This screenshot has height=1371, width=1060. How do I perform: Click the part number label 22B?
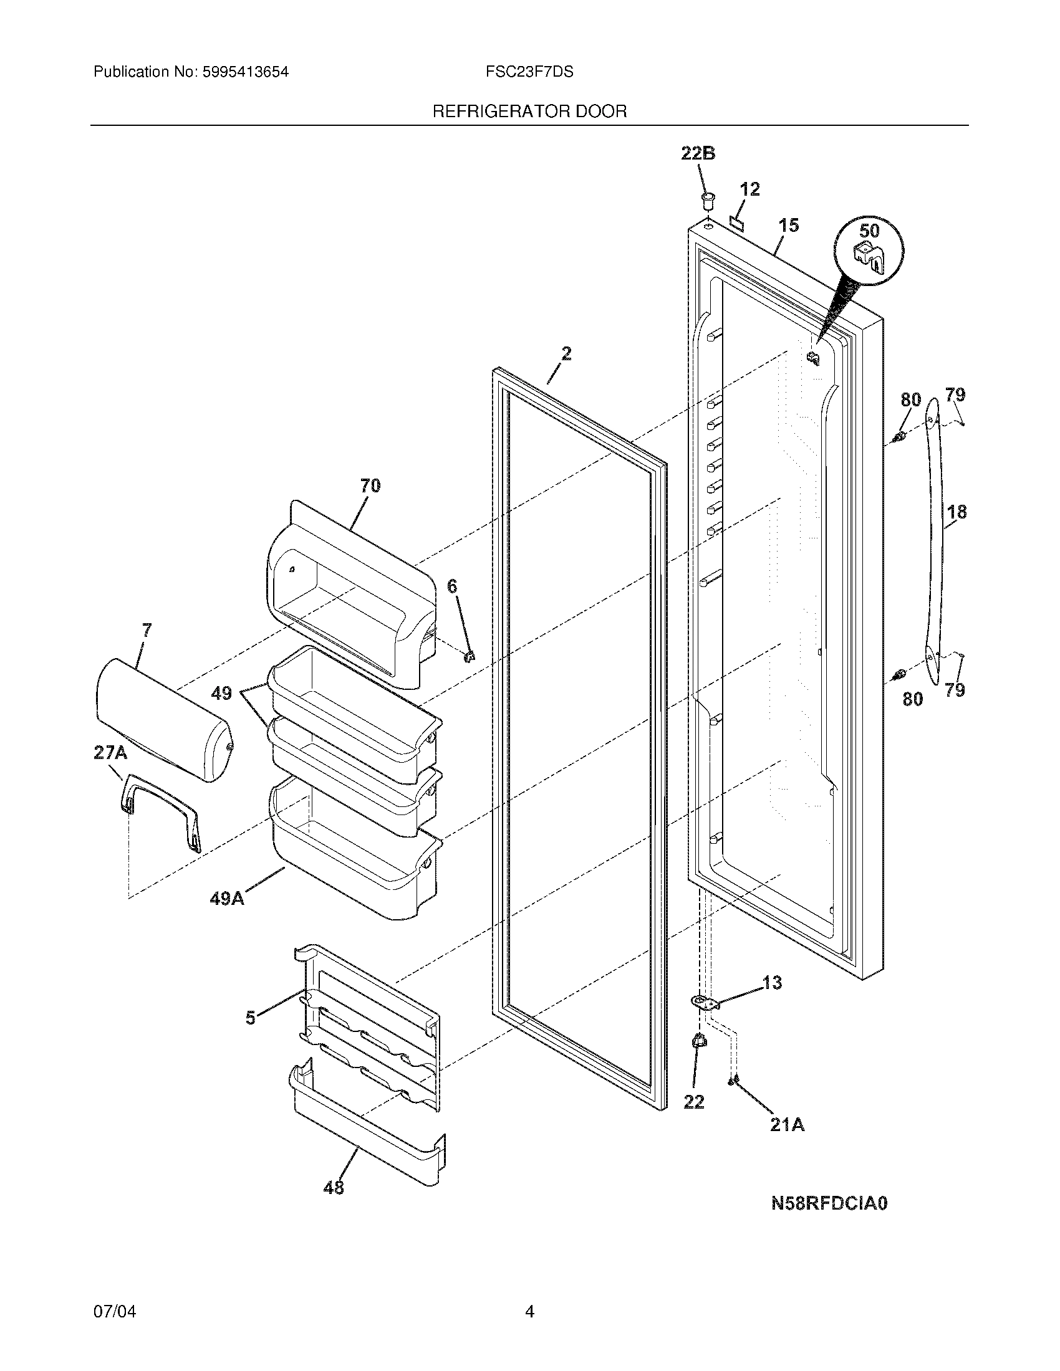pos(698,153)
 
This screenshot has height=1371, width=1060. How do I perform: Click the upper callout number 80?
pos(910,399)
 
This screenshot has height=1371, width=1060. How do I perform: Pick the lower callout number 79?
pos(955,690)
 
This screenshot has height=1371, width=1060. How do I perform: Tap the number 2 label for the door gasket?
pos(566,354)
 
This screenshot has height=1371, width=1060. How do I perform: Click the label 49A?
pos(227,899)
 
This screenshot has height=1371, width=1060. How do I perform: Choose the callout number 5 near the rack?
pos(251,1018)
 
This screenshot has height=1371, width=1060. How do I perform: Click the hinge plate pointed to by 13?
pos(705,1003)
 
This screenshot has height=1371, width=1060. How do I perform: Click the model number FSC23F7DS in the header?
pos(529,72)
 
